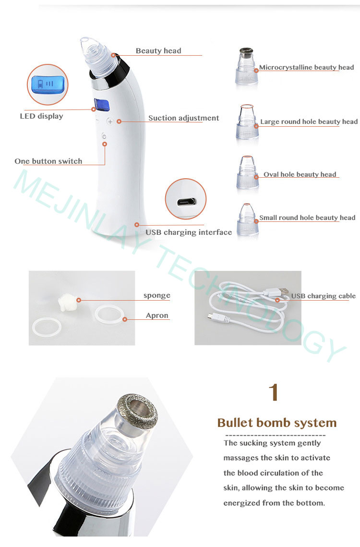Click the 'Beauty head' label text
point(158,51)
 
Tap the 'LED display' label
point(41,116)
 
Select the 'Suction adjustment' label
point(183,118)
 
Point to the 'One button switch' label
point(48,161)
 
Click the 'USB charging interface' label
point(189,232)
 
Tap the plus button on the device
point(110,122)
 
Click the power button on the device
point(105,137)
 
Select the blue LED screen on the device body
point(100,104)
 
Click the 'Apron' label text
point(157,316)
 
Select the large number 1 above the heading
point(274,393)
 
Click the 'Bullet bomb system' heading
point(277,423)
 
